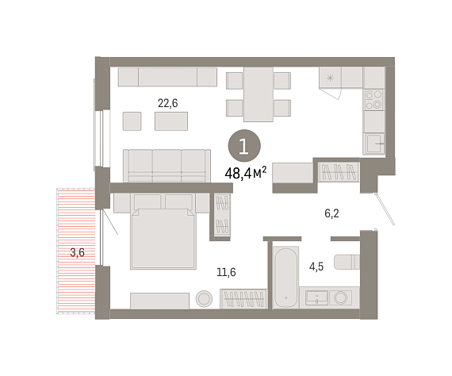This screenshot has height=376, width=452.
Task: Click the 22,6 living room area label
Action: coord(168,103)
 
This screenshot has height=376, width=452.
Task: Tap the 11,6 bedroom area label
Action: coord(226,272)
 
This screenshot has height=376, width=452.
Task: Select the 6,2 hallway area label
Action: coord(331,213)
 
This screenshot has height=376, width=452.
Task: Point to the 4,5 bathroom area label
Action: coord(316,267)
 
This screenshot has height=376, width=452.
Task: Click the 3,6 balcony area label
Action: coord(77,252)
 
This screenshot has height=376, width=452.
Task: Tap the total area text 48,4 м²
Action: coord(246,173)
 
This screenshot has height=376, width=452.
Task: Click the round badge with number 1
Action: coord(244,146)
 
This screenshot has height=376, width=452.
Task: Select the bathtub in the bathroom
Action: coord(285,277)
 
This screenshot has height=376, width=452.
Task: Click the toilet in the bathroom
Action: coord(347,262)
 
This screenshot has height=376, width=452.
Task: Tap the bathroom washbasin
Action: coord(316,297)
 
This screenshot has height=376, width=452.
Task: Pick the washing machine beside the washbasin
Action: coord(340,297)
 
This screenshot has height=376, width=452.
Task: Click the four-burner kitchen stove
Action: coord(373,100)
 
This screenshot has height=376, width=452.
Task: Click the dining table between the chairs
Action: coord(259,94)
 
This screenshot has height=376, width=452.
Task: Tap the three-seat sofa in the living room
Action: coord(167,166)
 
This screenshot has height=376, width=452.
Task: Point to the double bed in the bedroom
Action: coord(163,239)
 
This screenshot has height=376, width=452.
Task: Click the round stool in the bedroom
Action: coord(204,299)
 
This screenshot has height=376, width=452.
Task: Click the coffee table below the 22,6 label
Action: coord(171,121)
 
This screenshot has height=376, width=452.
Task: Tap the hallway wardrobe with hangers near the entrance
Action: coord(339,172)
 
